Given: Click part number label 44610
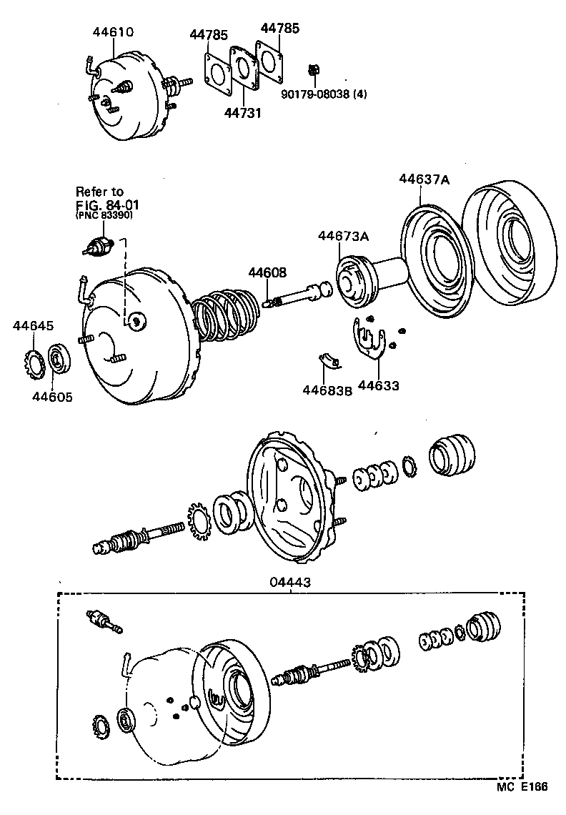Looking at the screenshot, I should coord(114,32).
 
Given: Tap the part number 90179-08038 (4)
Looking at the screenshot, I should coord(324,93).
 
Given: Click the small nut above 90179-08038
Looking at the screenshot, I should coord(313,70).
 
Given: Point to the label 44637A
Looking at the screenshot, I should coord(424,180).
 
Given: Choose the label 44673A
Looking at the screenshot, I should coord(343,236).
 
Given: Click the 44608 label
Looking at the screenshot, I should coord(267,272).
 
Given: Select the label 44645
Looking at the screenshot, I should coord(33,326).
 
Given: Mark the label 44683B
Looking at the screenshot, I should coord(327,390).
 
